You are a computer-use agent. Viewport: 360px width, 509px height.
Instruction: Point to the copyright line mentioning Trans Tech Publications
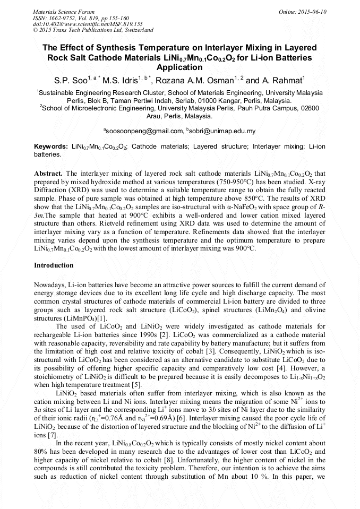(x=93, y=30)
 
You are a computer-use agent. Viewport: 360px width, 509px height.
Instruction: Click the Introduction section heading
(x=54, y=265)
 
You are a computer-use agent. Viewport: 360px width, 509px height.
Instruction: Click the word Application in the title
(x=179, y=67)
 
